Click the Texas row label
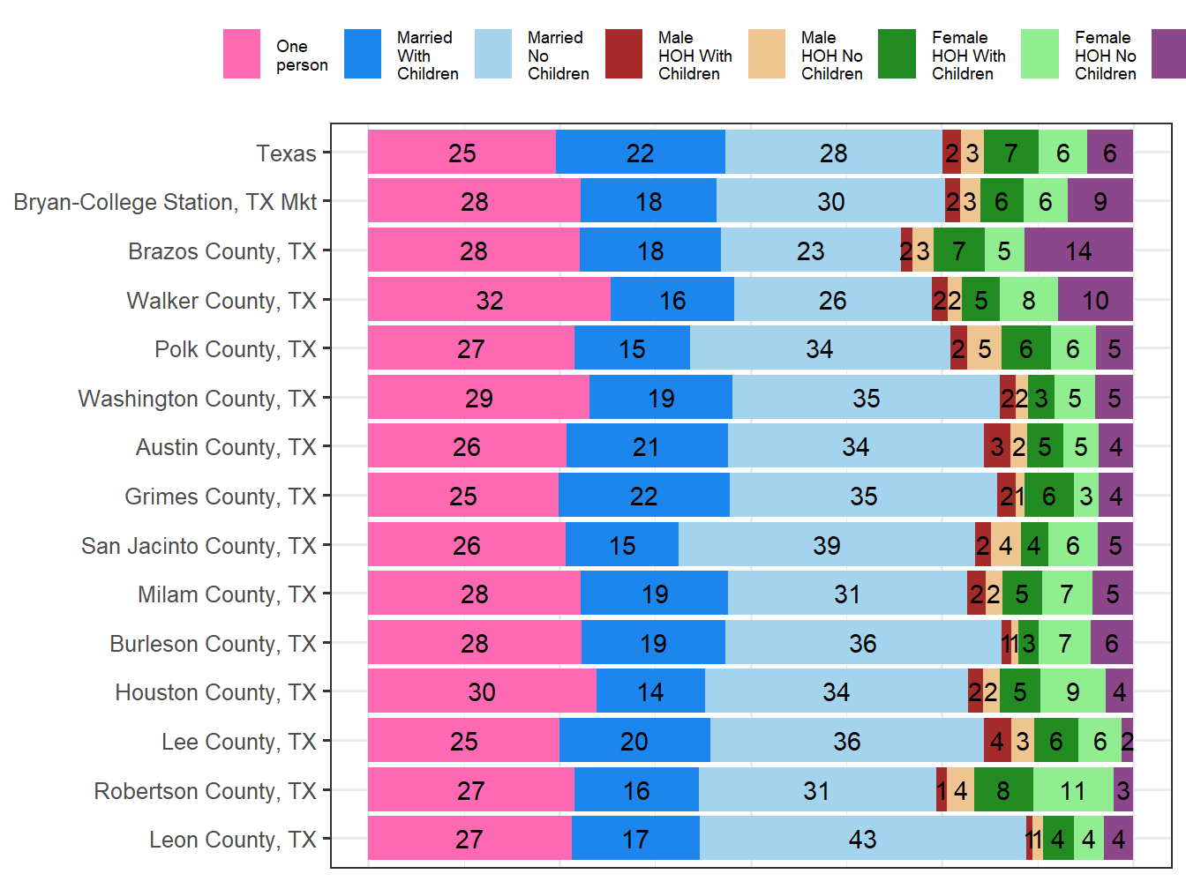(286, 153)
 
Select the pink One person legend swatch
(241, 55)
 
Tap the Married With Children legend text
(427, 56)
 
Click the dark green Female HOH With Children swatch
(897, 55)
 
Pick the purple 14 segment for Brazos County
(1078, 250)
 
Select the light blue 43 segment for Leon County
(862, 839)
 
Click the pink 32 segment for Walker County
(489, 300)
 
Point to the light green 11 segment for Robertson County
(1073, 790)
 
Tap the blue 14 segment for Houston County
(650, 691)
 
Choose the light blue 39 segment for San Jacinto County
(826, 545)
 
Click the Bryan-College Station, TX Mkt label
(165, 202)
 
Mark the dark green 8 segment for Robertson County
(1003, 790)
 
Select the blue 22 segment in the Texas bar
(640, 153)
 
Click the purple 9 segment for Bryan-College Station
(1100, 201)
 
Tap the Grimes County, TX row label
(221, 497)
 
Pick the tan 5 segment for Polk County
(984, 348)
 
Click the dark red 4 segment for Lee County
(997, 741)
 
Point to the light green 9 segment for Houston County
(1072, 691)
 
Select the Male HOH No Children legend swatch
(766, 55)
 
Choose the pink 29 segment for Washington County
(478, 398)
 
